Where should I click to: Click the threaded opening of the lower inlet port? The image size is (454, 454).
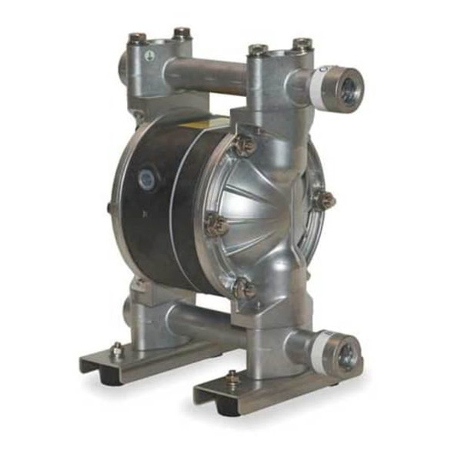click(346, 355)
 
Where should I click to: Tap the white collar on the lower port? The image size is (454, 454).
click(318, 348)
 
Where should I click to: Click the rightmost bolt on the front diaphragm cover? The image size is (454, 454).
click(323, 200)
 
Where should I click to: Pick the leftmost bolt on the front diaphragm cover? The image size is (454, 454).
click(215, 224)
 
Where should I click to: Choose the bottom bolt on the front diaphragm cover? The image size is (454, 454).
click(245, 288)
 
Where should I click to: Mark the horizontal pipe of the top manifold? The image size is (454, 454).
click(204, 74)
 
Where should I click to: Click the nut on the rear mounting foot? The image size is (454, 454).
click(116, 350)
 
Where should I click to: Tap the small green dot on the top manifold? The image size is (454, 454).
click(150, 55)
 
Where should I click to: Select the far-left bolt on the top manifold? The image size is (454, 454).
click(137, 38)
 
